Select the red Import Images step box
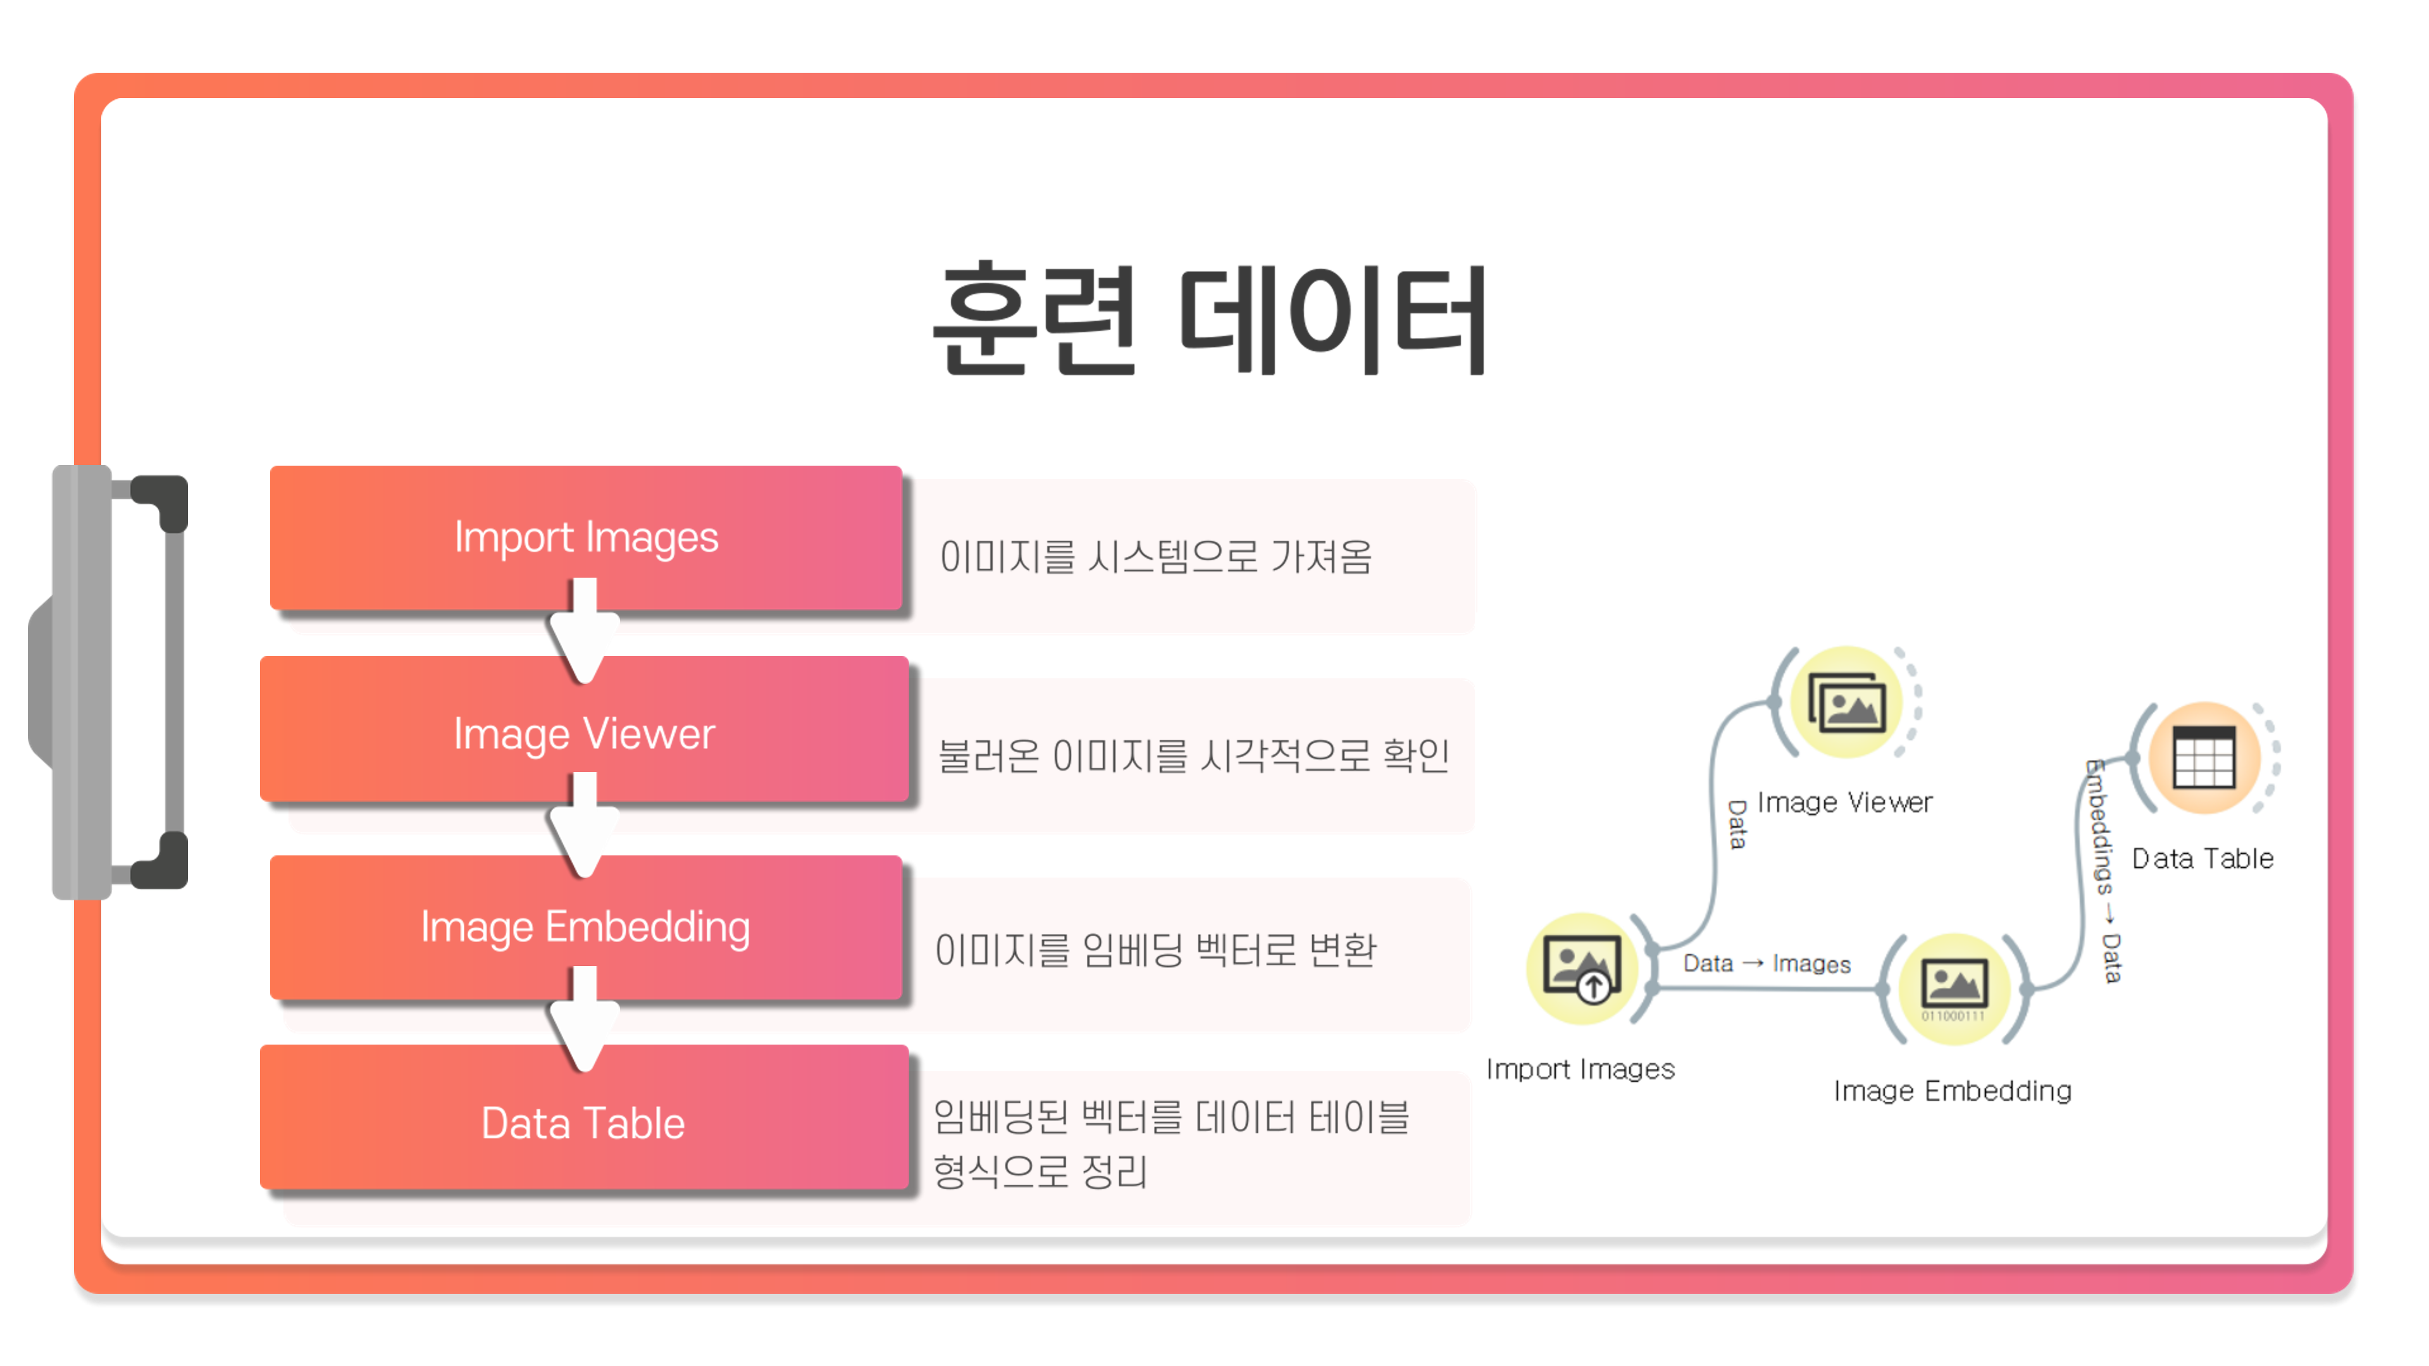585,537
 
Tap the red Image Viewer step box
583,733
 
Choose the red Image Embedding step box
585,927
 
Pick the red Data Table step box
583,1122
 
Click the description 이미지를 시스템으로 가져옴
1155,556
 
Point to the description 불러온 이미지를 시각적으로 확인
1193,755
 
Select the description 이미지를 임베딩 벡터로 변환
1155,949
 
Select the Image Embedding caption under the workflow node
1952,1091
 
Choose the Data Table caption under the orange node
2202,858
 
